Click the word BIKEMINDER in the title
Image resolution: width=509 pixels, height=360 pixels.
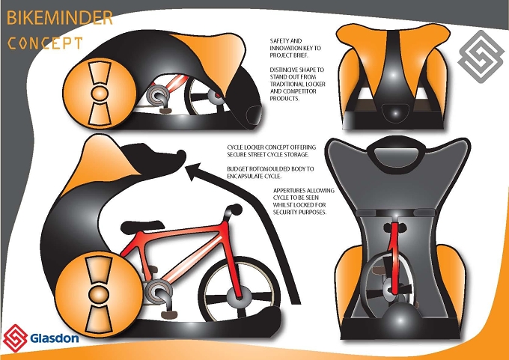[59, 18]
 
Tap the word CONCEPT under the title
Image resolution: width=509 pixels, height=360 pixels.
[45, 43]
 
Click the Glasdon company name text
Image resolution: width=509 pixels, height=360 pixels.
[55, 338]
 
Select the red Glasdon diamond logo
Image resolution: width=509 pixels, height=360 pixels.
[15, 338]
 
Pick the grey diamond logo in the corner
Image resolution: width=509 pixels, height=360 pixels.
[481, 57]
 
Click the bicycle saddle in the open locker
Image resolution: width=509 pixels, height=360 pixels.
[142, 227]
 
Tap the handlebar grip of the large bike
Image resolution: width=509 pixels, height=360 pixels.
[236, 209]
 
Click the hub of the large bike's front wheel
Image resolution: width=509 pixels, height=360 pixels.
[240, 296]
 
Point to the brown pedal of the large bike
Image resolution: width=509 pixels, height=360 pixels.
[169, 314]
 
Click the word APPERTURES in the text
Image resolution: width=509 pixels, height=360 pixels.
[289, 191]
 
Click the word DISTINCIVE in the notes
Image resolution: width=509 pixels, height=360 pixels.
[283, 70]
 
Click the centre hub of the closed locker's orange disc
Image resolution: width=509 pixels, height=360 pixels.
[100, 93]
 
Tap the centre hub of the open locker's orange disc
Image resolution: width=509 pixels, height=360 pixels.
[99, 294]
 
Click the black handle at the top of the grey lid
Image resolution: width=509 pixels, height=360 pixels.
[397, 152]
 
